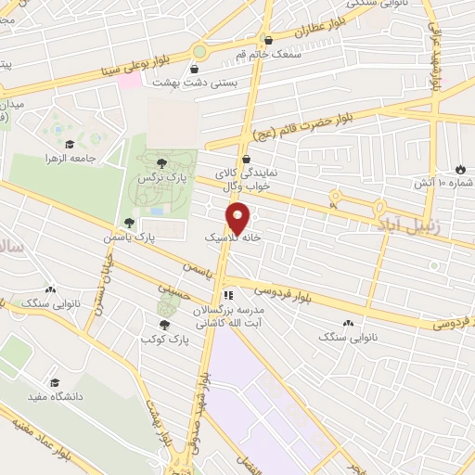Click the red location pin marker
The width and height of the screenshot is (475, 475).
pos(238,218)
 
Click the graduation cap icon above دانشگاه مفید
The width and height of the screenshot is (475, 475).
pos(55,382)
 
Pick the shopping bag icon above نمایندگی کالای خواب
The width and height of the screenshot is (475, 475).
pos(242,160)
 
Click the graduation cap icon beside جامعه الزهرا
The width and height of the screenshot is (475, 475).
pos(70,144)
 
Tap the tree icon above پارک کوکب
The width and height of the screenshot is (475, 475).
pos(164,325)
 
